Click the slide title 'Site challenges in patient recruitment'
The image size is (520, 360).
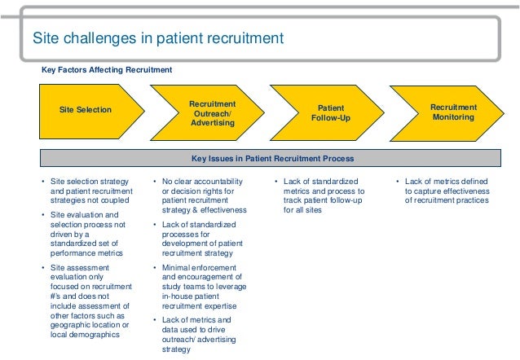pyautogui.click(x=157, y=37)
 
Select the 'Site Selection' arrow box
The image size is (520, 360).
pyautogui.click(x=86, y=109)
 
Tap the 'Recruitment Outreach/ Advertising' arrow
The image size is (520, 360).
pyautogui.click(x=212, y=113)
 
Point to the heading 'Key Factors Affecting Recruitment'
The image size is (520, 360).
pyautogui.click(x=107, y=70)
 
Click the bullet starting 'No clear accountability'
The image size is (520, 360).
pyautogui.click(x=199, y=195)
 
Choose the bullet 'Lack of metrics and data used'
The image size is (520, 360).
pyautogui.click(x=199, y=335)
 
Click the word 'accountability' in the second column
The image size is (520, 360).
pyautogui.click(x=214, y=181)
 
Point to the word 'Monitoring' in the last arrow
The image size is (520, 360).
pyautogui.click(x=453, y=117)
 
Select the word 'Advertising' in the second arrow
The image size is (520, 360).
pyautogui.click(x=212, y=123)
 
